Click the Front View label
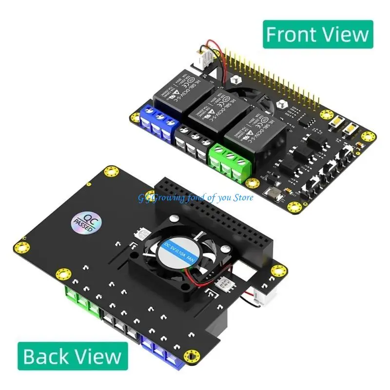[317, 34]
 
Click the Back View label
[73, 355]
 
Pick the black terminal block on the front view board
[192, 141]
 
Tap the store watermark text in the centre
[195, 197]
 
